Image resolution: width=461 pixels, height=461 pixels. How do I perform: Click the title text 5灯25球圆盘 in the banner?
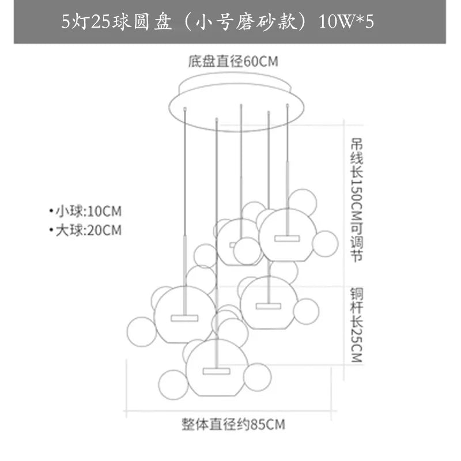click(115, 23)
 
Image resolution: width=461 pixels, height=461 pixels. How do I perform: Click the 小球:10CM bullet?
click(86, 209)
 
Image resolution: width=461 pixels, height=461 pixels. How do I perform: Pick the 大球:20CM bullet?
click(86, 231)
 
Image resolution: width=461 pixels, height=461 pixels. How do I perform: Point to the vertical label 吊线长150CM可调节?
click(356, 199)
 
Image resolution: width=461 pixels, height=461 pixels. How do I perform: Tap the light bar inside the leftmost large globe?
click(184, 318)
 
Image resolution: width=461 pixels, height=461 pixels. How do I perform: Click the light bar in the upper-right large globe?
click(287, 238)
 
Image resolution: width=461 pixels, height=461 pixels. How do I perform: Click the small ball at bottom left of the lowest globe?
click(173, 384)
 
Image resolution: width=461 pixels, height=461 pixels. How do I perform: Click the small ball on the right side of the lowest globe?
click(257, 376)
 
